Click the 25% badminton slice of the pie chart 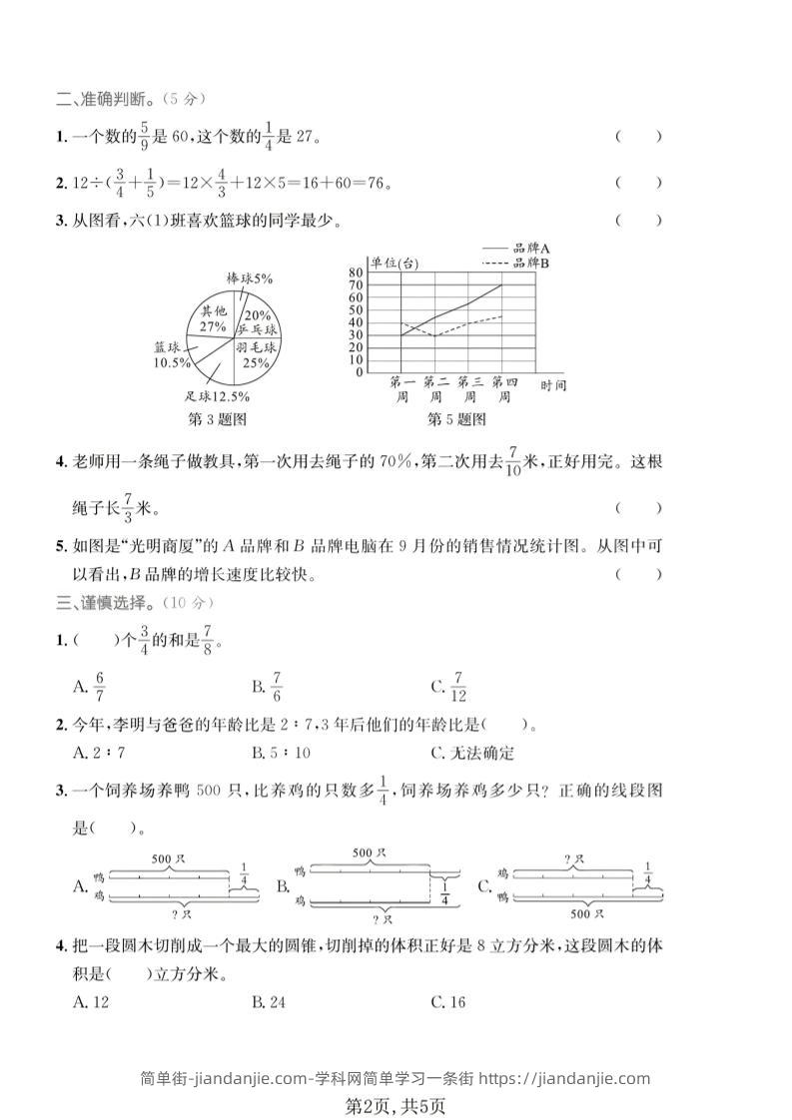pos(256,357)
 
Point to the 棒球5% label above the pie pos(250,279)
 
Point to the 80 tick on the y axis pos(357,273)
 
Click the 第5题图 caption pos(457,419)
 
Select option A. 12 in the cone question pos(91,1001)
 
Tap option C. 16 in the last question pos(448,1001)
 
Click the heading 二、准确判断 pos(130,98)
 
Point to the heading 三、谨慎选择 pos(134,603)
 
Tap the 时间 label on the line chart pos(552,384)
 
